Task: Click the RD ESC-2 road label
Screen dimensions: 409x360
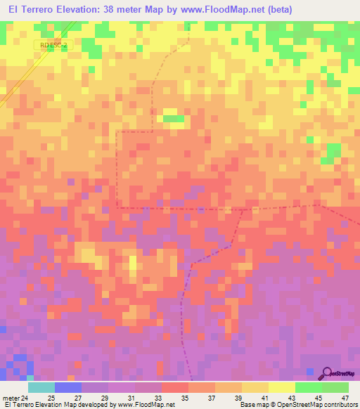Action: click(x=53, y=45)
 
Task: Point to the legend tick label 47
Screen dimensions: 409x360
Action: click(x=344, y=398)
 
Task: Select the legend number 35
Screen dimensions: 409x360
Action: click(x=184, y=398)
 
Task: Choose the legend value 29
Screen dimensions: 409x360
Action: click(x=103, y=398)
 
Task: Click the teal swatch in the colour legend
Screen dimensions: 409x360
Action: click(x=41, y=387)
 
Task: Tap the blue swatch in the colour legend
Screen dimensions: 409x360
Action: click(x=67, y=387)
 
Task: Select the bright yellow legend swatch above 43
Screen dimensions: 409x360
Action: click(x=281, y=387)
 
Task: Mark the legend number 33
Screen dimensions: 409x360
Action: click(x=157, y=398)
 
